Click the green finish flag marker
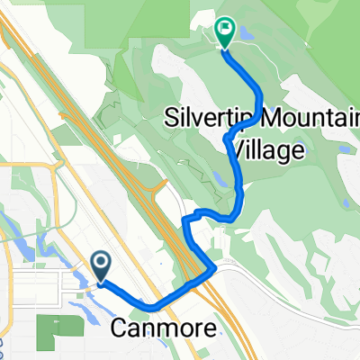coord(223,32)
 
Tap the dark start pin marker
coord(102,264)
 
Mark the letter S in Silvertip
coord(171,118)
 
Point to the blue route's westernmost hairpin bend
coord(184,219)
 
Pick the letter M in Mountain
coord(247,118)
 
